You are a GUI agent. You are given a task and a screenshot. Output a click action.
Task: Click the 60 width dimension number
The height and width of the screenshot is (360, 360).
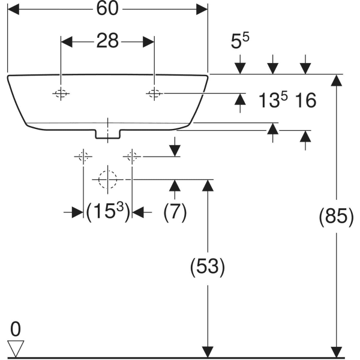coord(107,9)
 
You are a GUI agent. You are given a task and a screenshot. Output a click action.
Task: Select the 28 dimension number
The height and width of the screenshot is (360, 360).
coord(107,41)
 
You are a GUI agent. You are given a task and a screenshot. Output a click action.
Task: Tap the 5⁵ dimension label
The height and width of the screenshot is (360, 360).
coord(239,40)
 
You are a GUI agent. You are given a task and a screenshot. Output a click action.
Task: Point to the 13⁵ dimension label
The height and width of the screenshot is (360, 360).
coord(273,100)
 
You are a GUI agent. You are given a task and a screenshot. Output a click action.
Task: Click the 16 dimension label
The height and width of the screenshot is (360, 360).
coord(305,100)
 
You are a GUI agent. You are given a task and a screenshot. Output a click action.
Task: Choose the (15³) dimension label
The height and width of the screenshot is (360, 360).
coord(108,212)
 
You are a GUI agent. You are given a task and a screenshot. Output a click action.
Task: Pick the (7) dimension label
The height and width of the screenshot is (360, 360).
coord(175,212)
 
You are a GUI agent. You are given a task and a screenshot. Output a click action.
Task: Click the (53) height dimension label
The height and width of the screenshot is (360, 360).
coord(208,266)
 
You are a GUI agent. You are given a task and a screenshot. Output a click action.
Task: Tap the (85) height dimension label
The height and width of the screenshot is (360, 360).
coord(337,216)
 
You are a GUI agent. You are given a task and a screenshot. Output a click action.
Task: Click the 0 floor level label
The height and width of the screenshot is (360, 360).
coord(16,329)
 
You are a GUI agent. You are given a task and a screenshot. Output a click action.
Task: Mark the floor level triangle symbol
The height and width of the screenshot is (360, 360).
coord(16,349)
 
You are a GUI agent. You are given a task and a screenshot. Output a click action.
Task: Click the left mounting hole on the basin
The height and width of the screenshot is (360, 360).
coord(61,94)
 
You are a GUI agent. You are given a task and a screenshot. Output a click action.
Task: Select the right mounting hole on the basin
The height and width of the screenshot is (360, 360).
coord(154,94)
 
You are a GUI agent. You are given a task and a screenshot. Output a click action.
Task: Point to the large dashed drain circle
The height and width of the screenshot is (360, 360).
coord(107,179)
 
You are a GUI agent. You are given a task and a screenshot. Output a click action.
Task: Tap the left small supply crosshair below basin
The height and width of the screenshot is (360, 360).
coord(83,157)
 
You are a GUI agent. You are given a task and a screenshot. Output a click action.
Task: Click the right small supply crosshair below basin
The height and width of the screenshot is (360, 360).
coord(132,157)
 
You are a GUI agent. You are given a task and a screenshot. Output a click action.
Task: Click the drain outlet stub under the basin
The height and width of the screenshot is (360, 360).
coord(107,134)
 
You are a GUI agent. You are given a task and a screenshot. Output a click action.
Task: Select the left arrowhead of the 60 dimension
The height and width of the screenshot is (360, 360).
coord(13,10)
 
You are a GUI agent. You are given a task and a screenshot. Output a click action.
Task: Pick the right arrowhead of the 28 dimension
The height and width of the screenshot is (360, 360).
coord(149,42)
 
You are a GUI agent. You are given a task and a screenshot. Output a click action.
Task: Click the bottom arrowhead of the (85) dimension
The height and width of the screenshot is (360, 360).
coord(337,352)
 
